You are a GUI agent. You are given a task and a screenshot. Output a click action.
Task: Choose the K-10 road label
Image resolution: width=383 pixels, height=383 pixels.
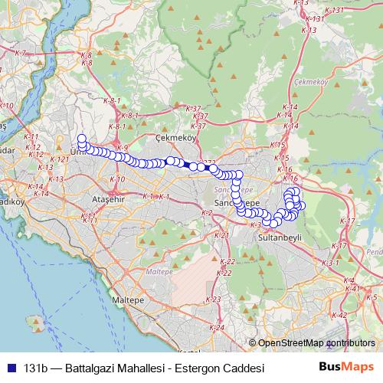point(117,179)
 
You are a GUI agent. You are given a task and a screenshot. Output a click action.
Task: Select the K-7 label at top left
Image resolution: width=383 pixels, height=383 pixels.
point(20,52)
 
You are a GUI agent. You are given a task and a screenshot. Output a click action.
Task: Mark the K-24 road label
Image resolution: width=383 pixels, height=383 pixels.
point(218,328)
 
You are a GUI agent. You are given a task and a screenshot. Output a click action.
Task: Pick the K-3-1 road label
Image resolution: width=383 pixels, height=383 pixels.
point(330,263)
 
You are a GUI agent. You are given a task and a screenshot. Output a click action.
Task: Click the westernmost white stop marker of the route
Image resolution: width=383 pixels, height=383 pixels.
point(82,139)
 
